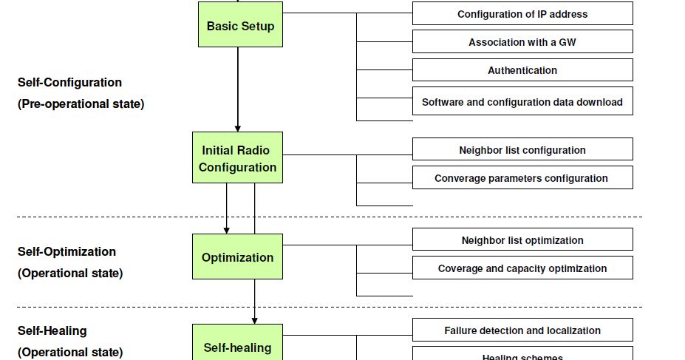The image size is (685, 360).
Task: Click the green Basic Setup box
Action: (240, 26)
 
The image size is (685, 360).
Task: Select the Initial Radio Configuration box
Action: (237, 158)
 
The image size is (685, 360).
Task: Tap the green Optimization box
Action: (237, 257)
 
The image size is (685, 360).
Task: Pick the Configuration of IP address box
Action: (522, 14)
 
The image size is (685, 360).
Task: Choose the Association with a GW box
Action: (522, 42)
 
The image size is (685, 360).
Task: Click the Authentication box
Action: (522, 70)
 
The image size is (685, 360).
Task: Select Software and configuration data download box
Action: (522, 102)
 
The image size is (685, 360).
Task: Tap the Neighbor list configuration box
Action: (522, 150)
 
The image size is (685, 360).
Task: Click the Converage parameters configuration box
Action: (522, 178)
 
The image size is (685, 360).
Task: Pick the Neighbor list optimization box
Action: (522, 240)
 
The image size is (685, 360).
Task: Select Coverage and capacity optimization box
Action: (522, 268)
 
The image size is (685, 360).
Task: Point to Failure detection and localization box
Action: (522, 330)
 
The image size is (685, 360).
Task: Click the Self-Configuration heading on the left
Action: (69, 82)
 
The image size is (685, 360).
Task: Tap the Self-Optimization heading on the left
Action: (67, 251)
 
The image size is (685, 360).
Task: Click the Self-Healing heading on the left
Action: (52, 330)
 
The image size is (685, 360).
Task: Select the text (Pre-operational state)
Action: (81, 103)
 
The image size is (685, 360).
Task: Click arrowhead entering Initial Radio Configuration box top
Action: (237, 128)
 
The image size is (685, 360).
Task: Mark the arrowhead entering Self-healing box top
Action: (254, 320)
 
